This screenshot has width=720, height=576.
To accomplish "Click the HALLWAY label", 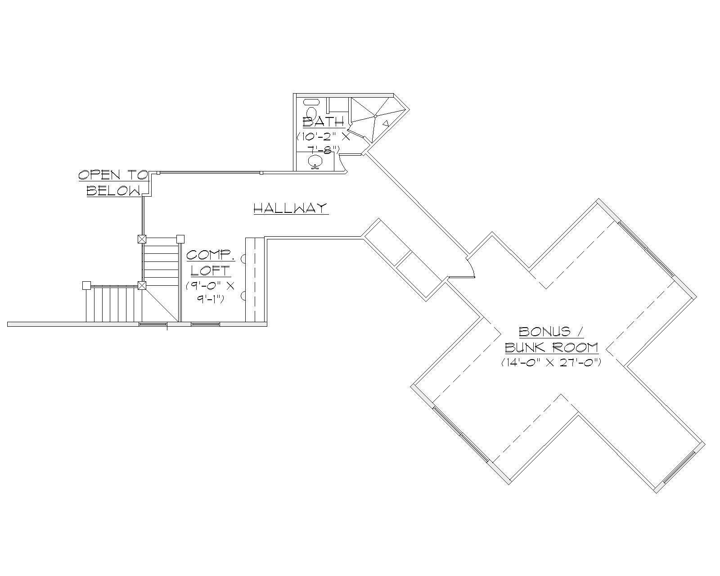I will coord(291,208).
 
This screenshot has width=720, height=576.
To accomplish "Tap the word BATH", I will coord(324,121).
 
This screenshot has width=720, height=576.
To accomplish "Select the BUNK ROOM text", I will coord(551,347).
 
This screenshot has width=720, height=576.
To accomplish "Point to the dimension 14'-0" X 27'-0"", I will coord(551,362).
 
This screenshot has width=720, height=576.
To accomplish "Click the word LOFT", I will coord(211,270).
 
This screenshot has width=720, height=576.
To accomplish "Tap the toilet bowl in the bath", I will coord(311,112).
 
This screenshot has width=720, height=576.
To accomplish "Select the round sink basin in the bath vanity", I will coord(315,161).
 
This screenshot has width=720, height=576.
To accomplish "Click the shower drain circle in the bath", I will coord(375,116).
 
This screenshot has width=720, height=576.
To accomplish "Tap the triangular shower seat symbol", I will coord(386,122).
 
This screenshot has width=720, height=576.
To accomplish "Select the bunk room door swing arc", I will coord(472,268).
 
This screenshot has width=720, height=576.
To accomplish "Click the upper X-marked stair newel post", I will coord(142,239).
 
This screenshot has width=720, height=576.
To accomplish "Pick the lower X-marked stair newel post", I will coord(142,285).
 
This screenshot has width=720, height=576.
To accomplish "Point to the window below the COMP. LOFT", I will coord(206,324).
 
